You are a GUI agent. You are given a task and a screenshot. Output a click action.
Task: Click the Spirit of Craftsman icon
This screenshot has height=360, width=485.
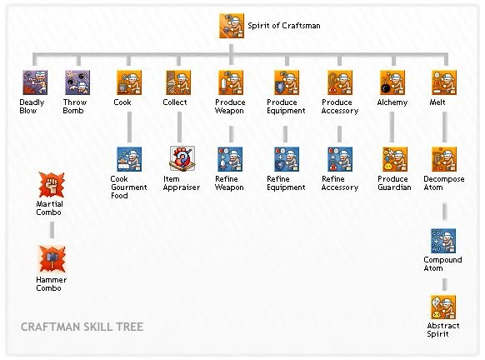click(x=231, y=26)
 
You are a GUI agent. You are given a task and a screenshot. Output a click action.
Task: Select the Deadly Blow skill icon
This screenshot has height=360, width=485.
click(x=33, y=82)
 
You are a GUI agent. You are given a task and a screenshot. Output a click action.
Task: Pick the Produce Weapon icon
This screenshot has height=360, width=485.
click(x=230, y=82)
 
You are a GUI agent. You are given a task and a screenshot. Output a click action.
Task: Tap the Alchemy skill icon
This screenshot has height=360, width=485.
click(x=392, y=82)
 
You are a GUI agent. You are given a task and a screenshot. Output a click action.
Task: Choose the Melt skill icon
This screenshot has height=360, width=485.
click(x=443, y=82)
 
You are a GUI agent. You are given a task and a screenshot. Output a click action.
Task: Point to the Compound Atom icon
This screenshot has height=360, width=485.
click(x=443, y=241)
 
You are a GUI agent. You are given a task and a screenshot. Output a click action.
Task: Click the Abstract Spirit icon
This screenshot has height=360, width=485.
click(x=443, y=307)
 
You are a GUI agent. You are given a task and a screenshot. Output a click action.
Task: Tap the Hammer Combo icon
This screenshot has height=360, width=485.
click(x=50, y=259)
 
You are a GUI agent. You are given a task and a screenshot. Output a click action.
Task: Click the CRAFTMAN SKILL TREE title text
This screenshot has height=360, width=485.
click(x=82, y=327)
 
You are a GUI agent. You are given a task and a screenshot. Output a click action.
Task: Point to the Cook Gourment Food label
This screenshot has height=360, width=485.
click(x=128, y=187)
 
